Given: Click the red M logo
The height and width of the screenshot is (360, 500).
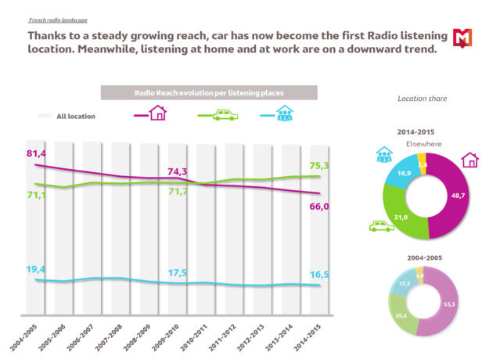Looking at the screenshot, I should [464, 38].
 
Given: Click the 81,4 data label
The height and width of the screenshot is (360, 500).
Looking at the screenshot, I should [38, 153].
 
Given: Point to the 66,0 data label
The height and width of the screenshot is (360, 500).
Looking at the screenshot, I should [320, 207].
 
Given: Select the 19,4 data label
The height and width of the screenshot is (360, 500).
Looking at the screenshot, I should [36, 269].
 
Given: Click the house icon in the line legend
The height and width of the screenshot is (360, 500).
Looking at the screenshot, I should [157, 113].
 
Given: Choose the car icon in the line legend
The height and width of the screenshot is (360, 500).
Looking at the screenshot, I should [224, 114].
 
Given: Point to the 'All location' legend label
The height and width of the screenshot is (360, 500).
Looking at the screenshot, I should [75, 117].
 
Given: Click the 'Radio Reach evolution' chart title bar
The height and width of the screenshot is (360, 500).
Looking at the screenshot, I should [209, 92].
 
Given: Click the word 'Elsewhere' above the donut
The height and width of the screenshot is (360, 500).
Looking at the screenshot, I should [423, 145].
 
